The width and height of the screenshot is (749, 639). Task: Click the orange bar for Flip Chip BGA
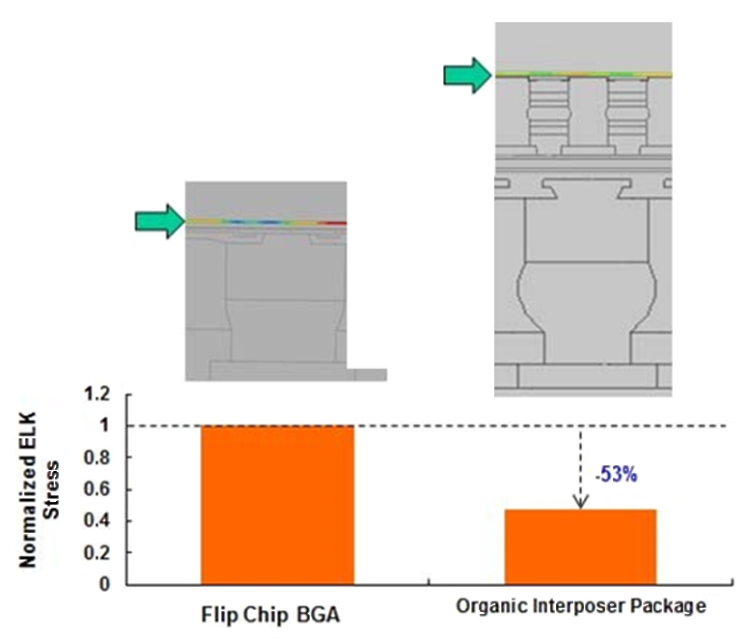[x=277, y=505]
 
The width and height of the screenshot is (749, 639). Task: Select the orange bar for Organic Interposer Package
[x=580, y=547]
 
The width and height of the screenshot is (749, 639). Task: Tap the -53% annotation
[x=616, y=475]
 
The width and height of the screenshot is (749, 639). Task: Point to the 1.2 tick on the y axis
[x=97, y=395]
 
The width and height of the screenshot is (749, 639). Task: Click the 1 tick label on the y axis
[x=104, y=426]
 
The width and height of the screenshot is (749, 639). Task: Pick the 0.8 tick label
[x=97, y=458]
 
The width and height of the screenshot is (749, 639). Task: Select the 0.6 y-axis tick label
[x=97, y=489]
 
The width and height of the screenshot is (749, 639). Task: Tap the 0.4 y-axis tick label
[x=97, y=520]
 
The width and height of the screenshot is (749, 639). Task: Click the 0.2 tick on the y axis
[x=97, y=552]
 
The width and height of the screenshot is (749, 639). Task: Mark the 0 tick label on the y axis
[x=104, y=584]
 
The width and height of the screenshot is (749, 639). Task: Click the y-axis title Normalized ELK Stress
[x=39, y=489]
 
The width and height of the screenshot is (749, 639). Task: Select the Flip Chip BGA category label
[x=271, y=615]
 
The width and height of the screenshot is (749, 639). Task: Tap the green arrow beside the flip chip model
[x=159, y=222]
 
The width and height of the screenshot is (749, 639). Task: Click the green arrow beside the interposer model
[x=468, y=75]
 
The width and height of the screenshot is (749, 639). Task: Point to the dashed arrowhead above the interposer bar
[x=580, y=502]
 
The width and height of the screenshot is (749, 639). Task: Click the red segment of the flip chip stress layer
[x=333, y=223]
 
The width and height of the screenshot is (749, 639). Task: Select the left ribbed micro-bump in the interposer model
[x=548, y=116]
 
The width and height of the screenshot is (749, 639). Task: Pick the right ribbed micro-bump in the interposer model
[x=627, y=116]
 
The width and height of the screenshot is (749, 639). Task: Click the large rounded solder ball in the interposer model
[x=587, y=287]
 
